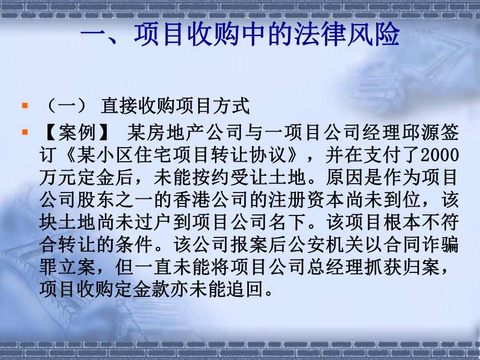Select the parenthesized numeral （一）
(65, 106)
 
